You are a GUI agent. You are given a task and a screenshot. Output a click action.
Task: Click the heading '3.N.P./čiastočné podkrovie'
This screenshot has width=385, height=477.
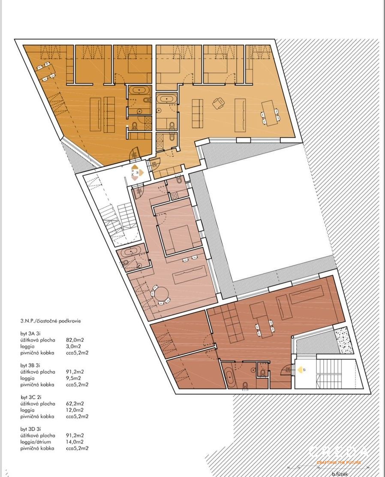[50, 321]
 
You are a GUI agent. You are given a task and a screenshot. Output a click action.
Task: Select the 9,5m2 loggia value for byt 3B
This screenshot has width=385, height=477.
[73, 378]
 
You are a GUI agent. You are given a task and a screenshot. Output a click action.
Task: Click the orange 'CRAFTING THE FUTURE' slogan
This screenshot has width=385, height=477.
[339, 462]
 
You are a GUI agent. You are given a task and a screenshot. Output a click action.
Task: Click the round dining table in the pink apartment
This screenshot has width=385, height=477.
[162, 294]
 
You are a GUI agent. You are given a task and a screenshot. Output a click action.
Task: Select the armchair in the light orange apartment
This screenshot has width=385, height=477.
[219, 103]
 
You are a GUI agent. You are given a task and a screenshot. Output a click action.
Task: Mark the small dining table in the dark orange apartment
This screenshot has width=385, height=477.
[44, 71]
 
